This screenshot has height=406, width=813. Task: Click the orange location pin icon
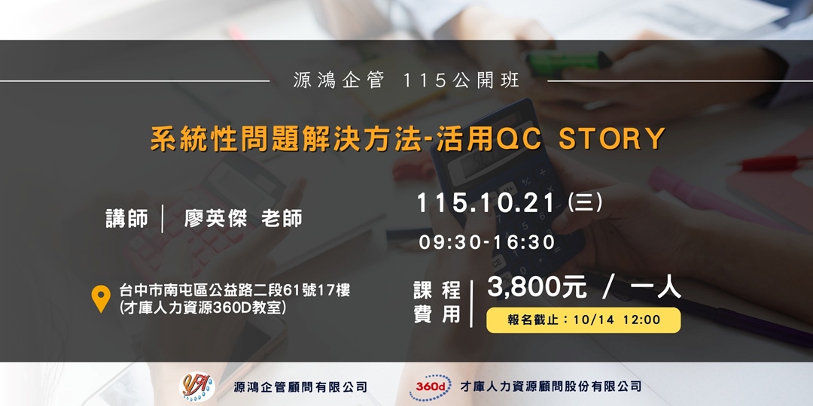[x=100, y=298]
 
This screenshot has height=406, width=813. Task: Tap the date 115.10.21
[x=486, y=203]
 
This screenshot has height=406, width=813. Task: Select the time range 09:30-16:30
[x=487, y=242]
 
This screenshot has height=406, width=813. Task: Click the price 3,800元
[x=537, y=286]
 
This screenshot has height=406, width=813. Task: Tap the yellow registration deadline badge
[x=583, y=320]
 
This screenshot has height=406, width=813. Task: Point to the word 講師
[x=127, y=218]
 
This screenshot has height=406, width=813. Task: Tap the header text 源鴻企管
[x=339, y=80]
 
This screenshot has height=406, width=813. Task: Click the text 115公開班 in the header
[x=461, y=80]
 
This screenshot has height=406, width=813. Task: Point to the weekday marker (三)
[x=585, y=203]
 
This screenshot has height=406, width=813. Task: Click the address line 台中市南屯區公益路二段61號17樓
[x=234, y=290]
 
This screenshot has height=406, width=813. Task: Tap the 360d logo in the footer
[x=430, y=386]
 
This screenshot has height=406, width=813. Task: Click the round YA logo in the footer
[x=196, y=386]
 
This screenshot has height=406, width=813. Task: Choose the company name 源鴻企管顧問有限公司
[x=300, y=387]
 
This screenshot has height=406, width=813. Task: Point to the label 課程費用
[x=437, y=302]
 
